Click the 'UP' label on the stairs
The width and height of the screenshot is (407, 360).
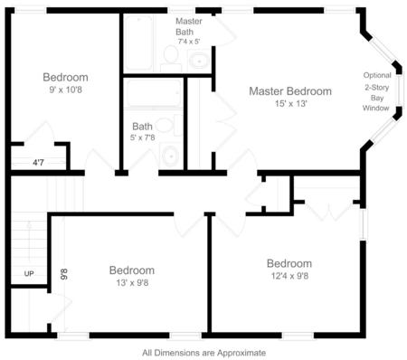tap(28, 272)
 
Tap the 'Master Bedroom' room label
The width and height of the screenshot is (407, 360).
tap(290, 91)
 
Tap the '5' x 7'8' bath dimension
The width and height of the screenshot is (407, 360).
tap(142, 137)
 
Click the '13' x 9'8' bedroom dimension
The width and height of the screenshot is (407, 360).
tap(131, 284)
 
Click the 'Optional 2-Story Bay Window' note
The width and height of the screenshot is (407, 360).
tap(376, 91)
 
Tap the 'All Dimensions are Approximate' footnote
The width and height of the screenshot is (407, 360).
tap(203, 353)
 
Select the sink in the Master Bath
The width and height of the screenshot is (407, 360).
tap(198, 62)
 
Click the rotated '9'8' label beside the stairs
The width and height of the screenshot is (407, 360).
tap(63, 271)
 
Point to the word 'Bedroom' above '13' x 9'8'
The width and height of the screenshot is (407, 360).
tap(131, 270)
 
